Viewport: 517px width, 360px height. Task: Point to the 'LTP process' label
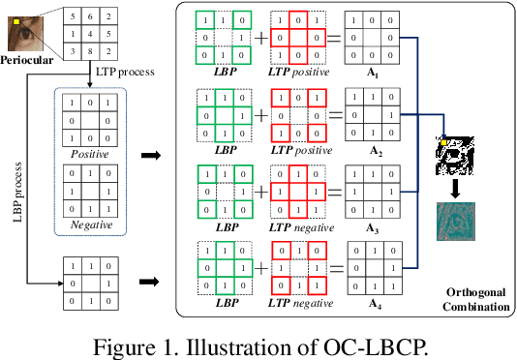click(x=125, y=71)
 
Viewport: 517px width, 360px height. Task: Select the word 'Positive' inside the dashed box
click(x=89, y=153)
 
